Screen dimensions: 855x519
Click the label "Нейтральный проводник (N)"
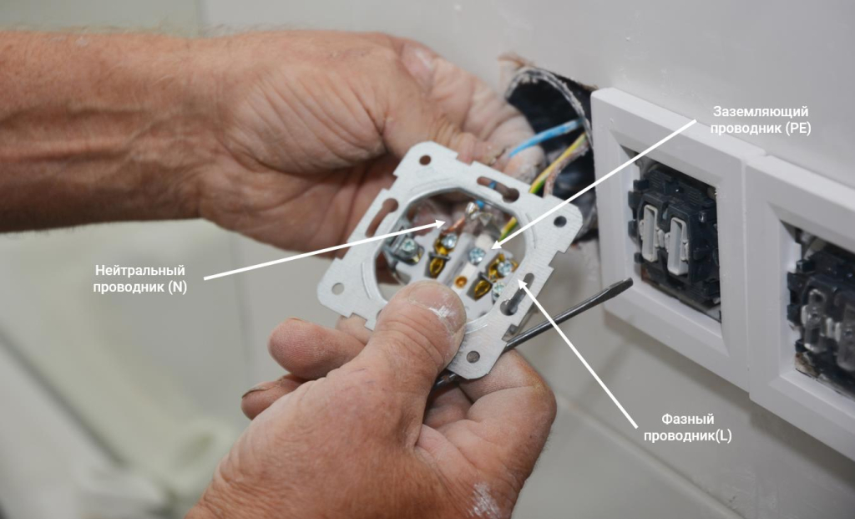tap(140, 279)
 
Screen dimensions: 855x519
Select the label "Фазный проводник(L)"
tap(688, 427)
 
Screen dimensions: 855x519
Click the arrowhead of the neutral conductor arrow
tap(443, 223)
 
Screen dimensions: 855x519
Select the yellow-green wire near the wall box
tap(559, 165)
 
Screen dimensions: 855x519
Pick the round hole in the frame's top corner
tap(424, 160)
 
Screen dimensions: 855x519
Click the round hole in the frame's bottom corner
tap(473, 356)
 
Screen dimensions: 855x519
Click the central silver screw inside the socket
tap(477, 254)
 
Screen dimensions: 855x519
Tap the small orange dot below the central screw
tap(461, 282)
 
